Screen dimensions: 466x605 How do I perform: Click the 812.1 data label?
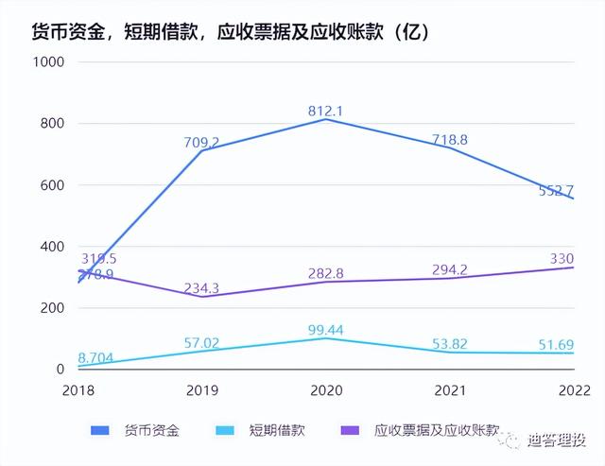(x=325, y=111)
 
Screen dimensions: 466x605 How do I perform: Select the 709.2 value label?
(x=201, y=143)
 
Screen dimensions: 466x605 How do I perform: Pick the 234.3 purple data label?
(x=201, y=288)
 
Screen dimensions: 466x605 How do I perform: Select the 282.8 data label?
(x=325, y=273)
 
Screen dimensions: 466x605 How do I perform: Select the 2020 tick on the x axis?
(x=325, y=389)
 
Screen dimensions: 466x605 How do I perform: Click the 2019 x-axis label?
(x=201, y=389)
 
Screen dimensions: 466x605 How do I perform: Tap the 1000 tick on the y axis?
(x=46, y=61)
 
